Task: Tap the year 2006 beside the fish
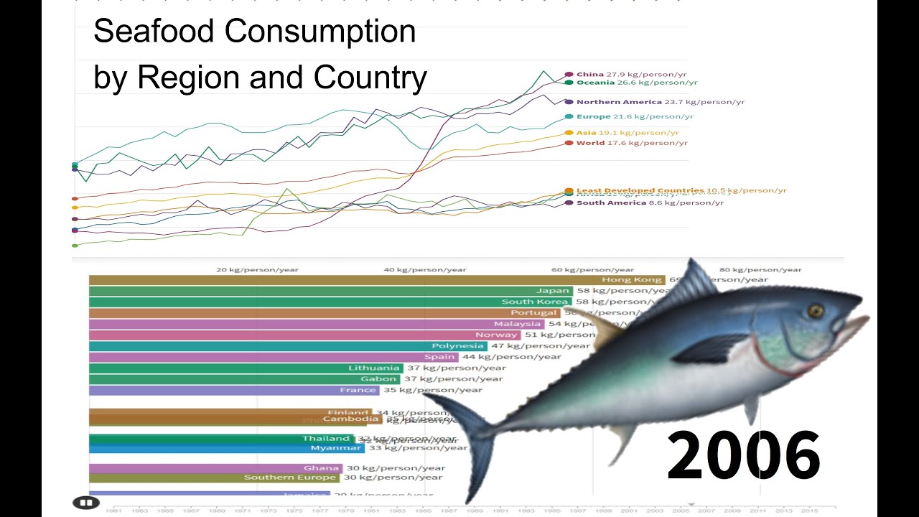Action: click(x=743, y=456)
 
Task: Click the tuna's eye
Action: click(x=815, y=310)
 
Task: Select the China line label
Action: click(x=590, y=74)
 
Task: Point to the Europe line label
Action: click(x=593, y=116)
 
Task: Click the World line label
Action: click(x=590, y=143)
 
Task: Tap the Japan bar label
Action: click(x=552, y=291)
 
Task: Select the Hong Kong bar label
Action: click(x=622, y=280)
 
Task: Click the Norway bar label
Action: click(x=495, y=335)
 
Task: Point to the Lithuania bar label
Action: click(x=373, y=368)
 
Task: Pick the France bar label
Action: click(x=358, y=390)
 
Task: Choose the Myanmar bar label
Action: click(x=336, y=448)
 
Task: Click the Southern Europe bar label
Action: click(x=290, y=478)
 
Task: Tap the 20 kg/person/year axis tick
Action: click(x=257, y=270)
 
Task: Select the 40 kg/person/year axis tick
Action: click(x=424, y=270)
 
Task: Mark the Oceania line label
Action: click(x=596, y=83)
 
